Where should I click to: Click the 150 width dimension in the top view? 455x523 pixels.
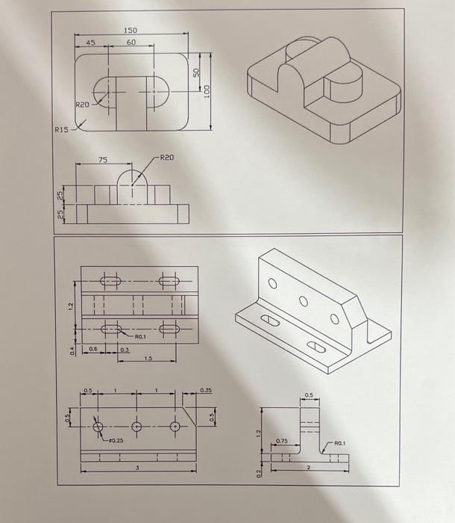[131, 29]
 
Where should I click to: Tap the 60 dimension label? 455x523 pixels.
[131, 43]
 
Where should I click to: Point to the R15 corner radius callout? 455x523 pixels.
[60, 130]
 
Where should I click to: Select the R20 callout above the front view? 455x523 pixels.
[166, 158]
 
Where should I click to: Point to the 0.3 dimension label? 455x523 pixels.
[125, 349]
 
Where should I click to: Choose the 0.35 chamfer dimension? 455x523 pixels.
[207, 389]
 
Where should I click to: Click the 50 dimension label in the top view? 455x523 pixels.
[196, 72]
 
